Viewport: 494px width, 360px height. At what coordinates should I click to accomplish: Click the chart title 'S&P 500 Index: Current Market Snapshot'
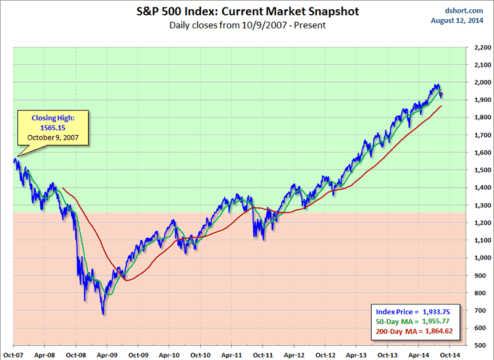tap(247, 11)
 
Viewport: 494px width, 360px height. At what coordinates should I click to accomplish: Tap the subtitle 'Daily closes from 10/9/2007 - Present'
tap(247, 25)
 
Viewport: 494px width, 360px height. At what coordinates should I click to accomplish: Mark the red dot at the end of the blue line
tap(441, 94)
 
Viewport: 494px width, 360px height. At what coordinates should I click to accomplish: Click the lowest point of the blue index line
tap(103, 314)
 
